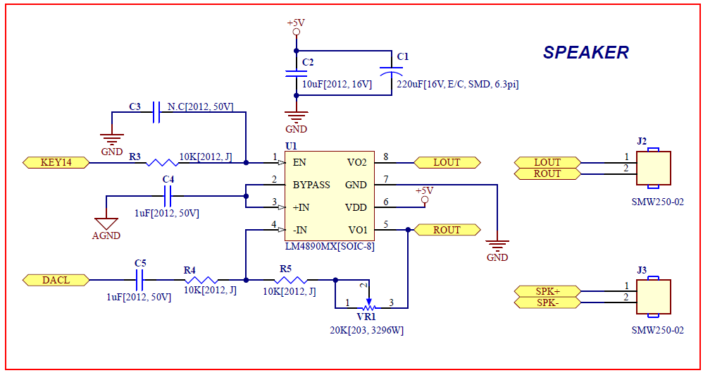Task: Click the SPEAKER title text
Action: [x=585, y=52]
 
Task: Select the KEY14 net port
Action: [x=56, y=162]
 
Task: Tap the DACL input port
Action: [x=56, y=280]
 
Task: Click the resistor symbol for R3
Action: [x=162, y=162]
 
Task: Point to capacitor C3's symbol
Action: [x=156, y=112]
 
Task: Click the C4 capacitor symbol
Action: [x=168, y=196]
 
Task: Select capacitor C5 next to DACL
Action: [x=139, y=280]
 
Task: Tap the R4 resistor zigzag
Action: [x=201, y=280]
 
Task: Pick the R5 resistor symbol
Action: [x=290, y=280]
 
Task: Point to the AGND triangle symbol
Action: [x=106, y=224]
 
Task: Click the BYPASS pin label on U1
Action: [x=311, y=185]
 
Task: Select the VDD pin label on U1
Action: [x=356, y=207]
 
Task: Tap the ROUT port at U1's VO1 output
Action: [x=447, y=230]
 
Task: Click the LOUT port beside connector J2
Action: [x=547, y=162]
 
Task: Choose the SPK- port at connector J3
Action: [x=547, y=302]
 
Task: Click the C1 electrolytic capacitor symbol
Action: [x=391, y=72]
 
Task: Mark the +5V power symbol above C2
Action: [x=296, y=27]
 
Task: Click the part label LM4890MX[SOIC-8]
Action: [x=330, y=246]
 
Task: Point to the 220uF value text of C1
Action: [x=458, y=84]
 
